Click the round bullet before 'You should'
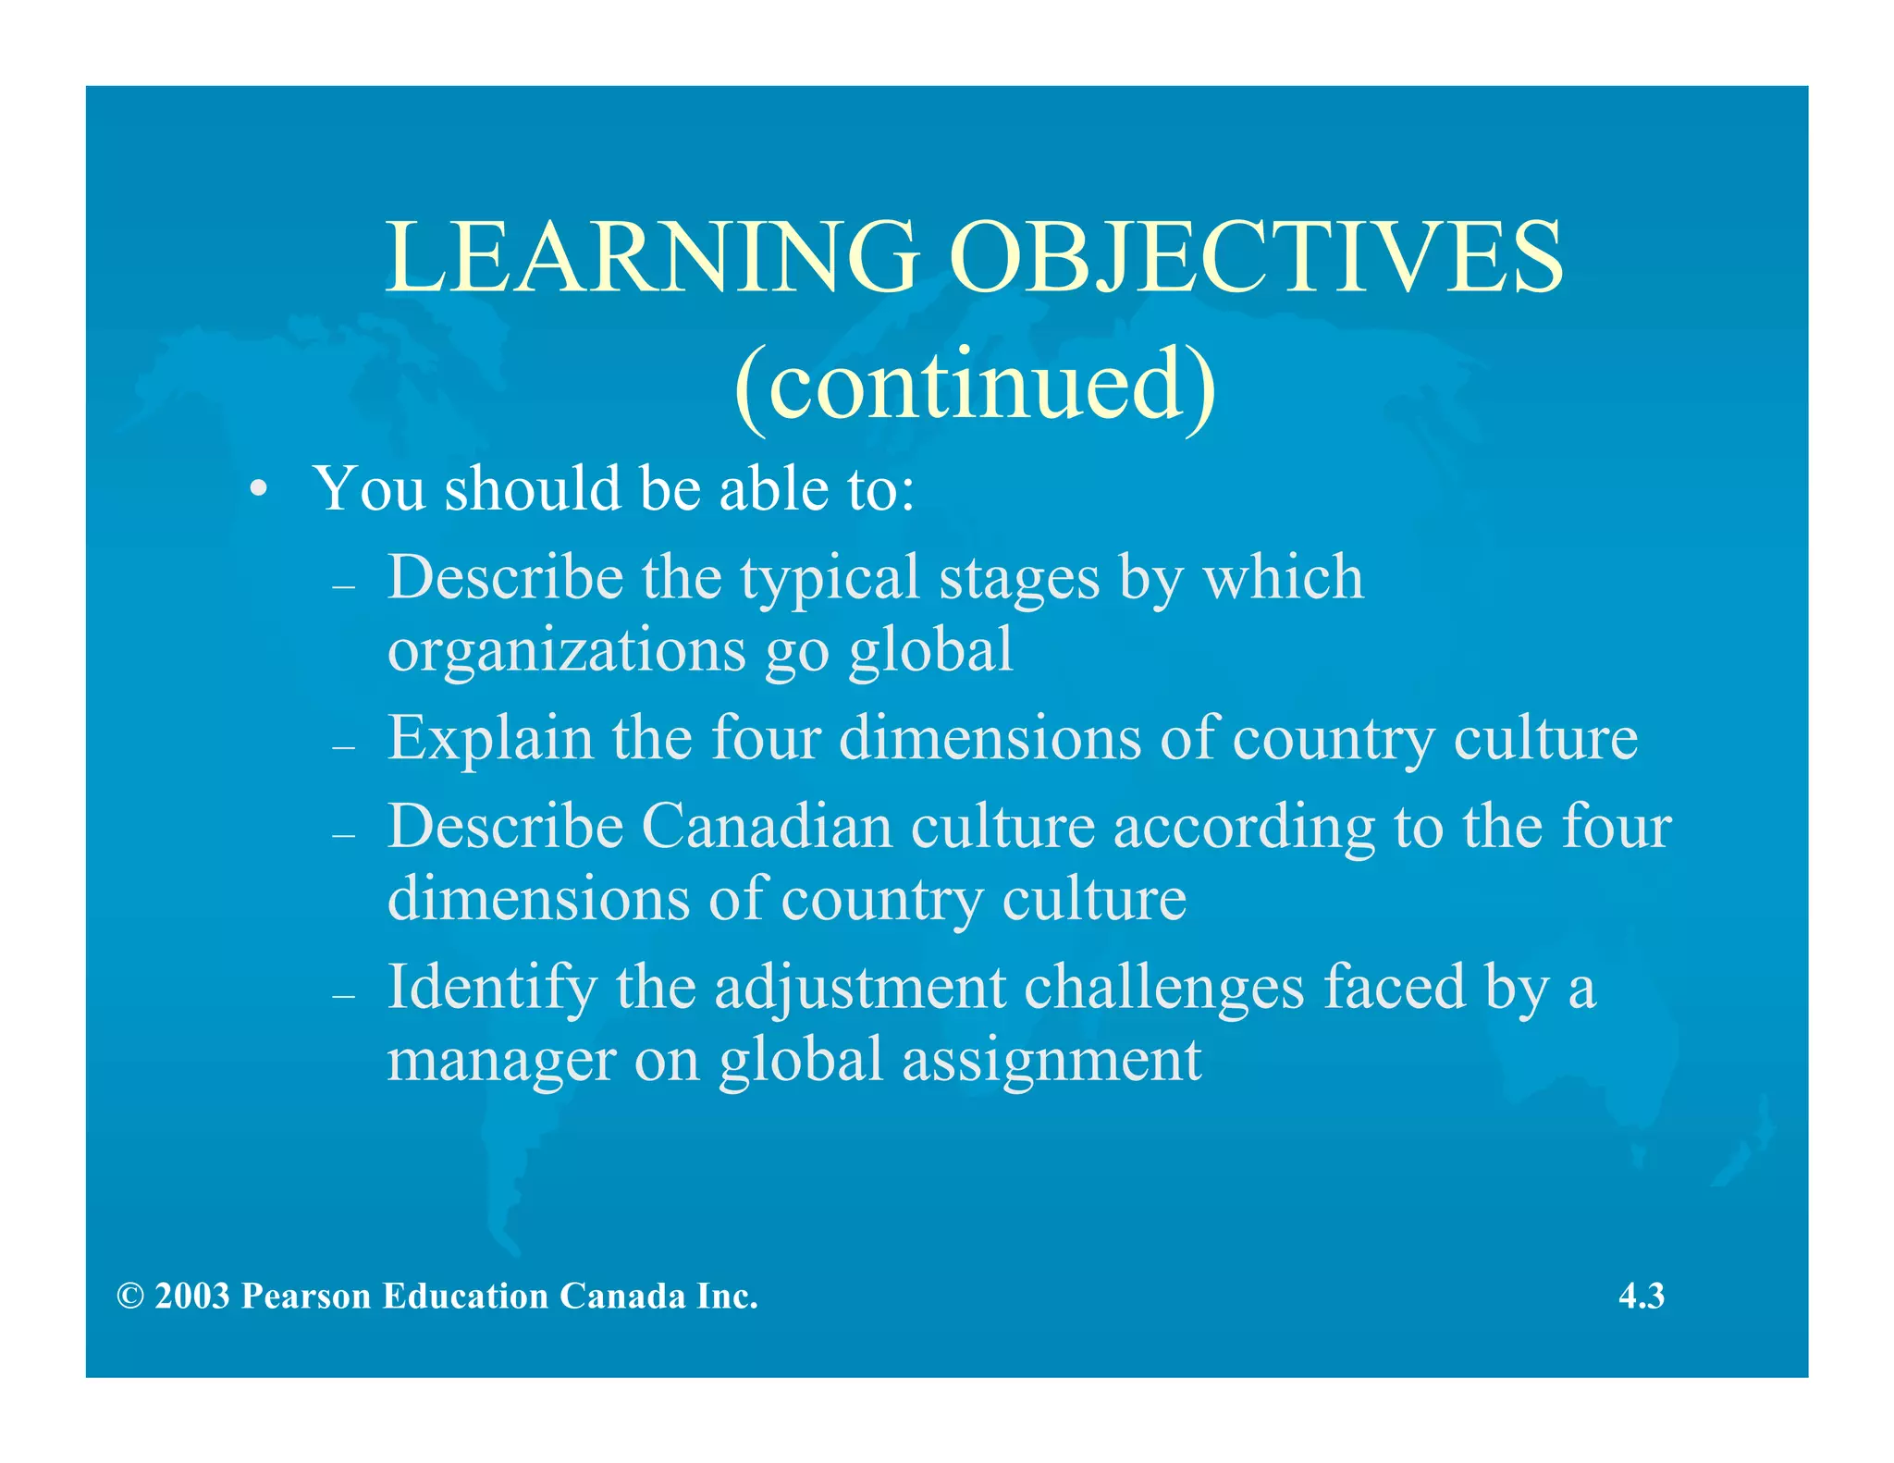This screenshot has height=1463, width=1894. (x=260, y=489)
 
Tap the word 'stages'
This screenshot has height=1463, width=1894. (x=1019, y=579)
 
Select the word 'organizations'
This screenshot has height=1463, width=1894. (x=566, y=650)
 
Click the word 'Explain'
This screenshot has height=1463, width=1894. (x=490, y=739)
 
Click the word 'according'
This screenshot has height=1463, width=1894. (x=1244, y=828)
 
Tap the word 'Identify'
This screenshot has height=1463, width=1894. (x=491, y=988)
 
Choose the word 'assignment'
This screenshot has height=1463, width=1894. (x=1052, y=1061)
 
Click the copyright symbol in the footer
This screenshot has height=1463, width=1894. (x=130, y=1297)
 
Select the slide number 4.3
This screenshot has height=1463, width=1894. (x=1642, y=1297)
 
